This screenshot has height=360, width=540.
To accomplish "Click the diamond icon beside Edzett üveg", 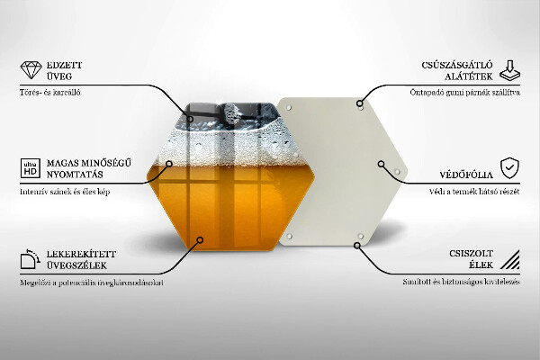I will point(30,71).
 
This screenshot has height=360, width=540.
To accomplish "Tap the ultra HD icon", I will point(29,167).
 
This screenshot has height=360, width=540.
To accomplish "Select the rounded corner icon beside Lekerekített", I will point(29,260).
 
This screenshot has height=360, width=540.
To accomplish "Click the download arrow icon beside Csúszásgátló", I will point(510,71).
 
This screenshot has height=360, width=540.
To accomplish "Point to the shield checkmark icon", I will point(510,167).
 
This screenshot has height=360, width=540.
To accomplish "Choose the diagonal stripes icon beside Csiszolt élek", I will point(510,259).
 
